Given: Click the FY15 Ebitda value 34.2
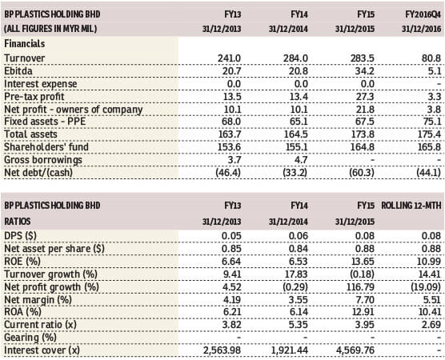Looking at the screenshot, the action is point(365,71).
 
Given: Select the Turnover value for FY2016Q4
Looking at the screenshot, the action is point(431,58).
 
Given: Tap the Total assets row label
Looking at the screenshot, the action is point(30,134).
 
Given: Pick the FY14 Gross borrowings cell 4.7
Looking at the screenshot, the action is point(301,160).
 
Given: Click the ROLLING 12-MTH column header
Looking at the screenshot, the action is point(411,206).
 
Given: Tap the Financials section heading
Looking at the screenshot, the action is point(25,44).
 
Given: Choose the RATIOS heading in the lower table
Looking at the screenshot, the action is point(18,222).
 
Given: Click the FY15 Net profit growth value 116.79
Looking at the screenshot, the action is point(360,287).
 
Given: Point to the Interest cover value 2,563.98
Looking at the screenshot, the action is point(222,350).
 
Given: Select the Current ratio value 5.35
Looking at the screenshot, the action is point(299,324).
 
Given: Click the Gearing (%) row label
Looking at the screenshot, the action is point(30,338).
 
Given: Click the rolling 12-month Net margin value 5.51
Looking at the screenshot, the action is point(431,299).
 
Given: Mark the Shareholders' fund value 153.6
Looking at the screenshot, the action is point(230,147).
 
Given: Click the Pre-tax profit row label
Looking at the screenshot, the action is point(34,97).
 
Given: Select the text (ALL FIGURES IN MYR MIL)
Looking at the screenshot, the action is point(50,29).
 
